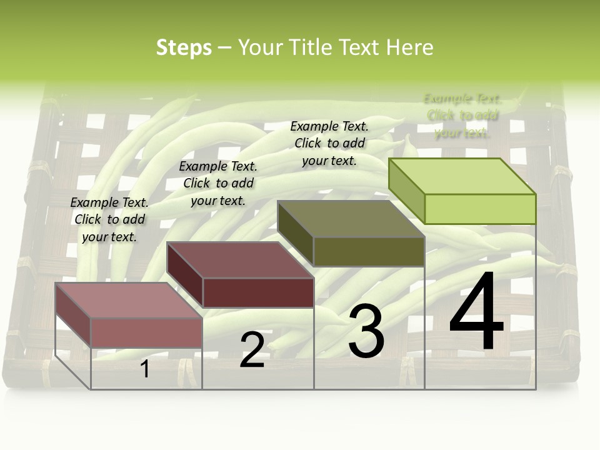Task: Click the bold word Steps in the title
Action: (x=184, y=47)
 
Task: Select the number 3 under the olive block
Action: (x=366, y=331)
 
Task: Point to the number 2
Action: (x=252, y=350)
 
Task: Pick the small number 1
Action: (x=145, y=369)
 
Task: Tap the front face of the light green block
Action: (x=480, y=209)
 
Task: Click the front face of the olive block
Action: (x=369, y=252)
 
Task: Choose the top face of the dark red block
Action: (x=240, y=259)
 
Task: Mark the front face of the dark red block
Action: (x=258, y=292)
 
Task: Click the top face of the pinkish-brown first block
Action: (x=129, y=300)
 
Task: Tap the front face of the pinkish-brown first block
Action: (x=146, y=333)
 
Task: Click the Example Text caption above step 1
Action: (x=109, y=219)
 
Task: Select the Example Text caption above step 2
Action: (x=218, y=183)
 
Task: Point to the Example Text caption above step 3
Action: (x=329, y=143)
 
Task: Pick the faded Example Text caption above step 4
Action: (x=462, y=116)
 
